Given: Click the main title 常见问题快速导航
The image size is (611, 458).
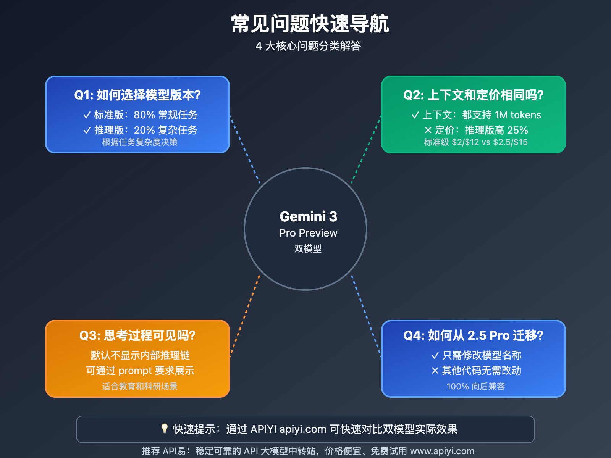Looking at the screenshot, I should click(x=310, y=24).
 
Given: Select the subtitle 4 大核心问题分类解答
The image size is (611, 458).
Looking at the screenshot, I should click(x=308, y=46).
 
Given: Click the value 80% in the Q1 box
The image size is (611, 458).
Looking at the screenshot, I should click(x=144, y=115).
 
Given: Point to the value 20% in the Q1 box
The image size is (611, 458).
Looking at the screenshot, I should click(x=144, y=130).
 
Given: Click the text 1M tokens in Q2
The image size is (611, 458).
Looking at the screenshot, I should click(x=518, y=115).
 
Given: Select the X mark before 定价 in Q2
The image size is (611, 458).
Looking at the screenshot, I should click(x=428, y=131).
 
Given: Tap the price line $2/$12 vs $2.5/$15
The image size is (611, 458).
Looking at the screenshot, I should click(x=490, y=142).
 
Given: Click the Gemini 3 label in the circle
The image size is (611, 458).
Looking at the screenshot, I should click(x=308, y=217).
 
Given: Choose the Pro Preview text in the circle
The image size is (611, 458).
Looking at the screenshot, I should click(x=308, y=233).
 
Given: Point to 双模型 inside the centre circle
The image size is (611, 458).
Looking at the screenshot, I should click(x=308, y=248).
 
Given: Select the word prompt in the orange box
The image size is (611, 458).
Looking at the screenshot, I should click(x=135, y=371).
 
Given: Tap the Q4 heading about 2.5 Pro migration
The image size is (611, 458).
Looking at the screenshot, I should click(x=474, y=335).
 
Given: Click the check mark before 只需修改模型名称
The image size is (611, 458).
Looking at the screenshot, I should click(x=435, y=356).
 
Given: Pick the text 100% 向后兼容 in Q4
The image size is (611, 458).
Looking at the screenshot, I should click(x=476, y=386).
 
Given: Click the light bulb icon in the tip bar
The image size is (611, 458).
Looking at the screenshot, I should click(x=164, y=429).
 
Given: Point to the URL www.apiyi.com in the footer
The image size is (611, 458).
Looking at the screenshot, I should click(x=442, y=451).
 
